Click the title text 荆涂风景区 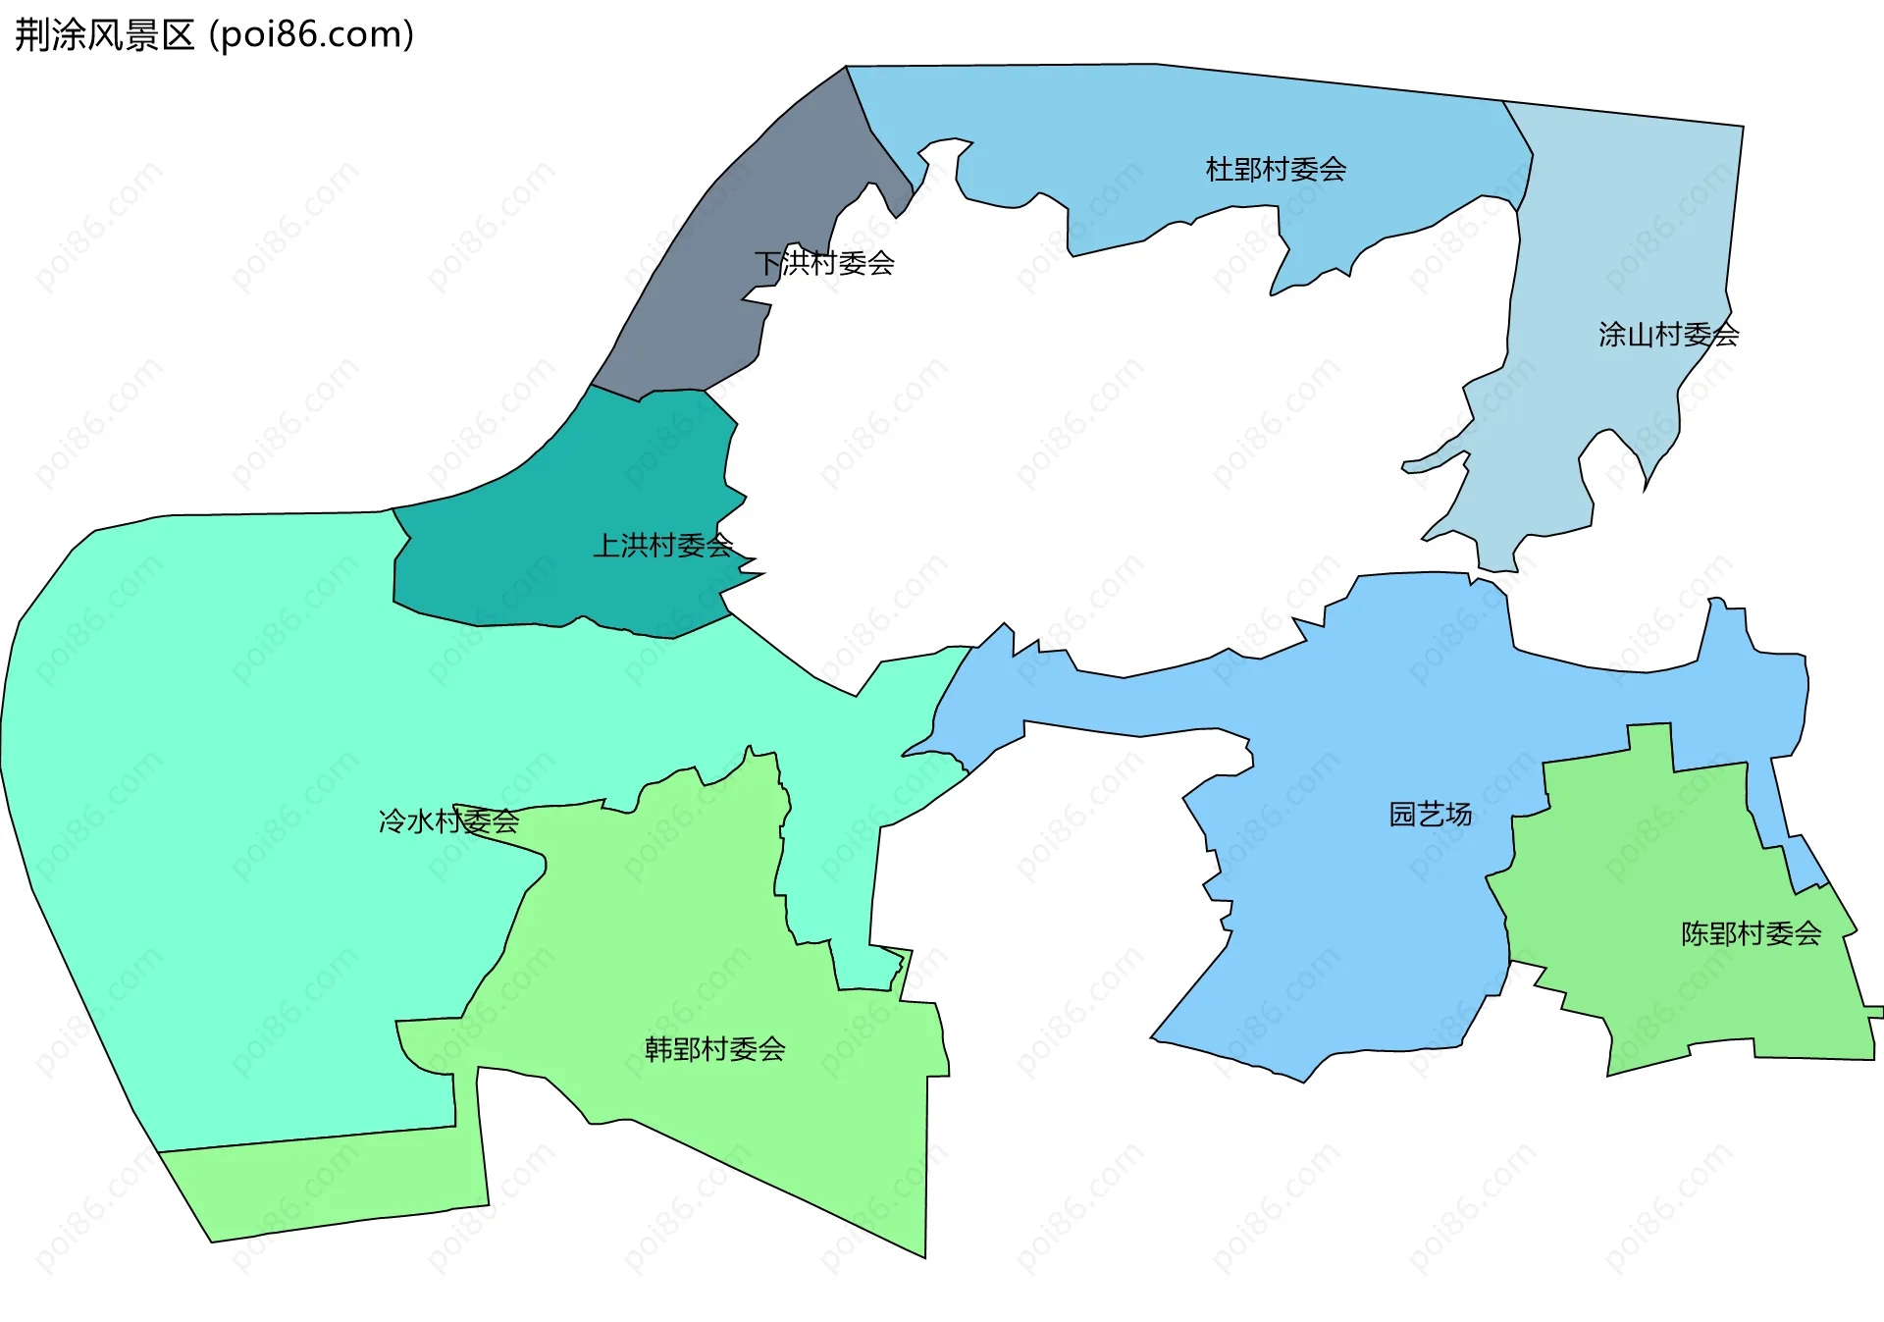104,35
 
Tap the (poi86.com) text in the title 311,35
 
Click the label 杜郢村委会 1276,170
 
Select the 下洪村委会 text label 824,263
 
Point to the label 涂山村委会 1668,335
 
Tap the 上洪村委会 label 663,546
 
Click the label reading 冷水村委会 448,820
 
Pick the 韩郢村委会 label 714,1049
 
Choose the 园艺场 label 1430,814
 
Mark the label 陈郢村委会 1751,933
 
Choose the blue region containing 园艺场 1354,932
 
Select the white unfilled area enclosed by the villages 1079,442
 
